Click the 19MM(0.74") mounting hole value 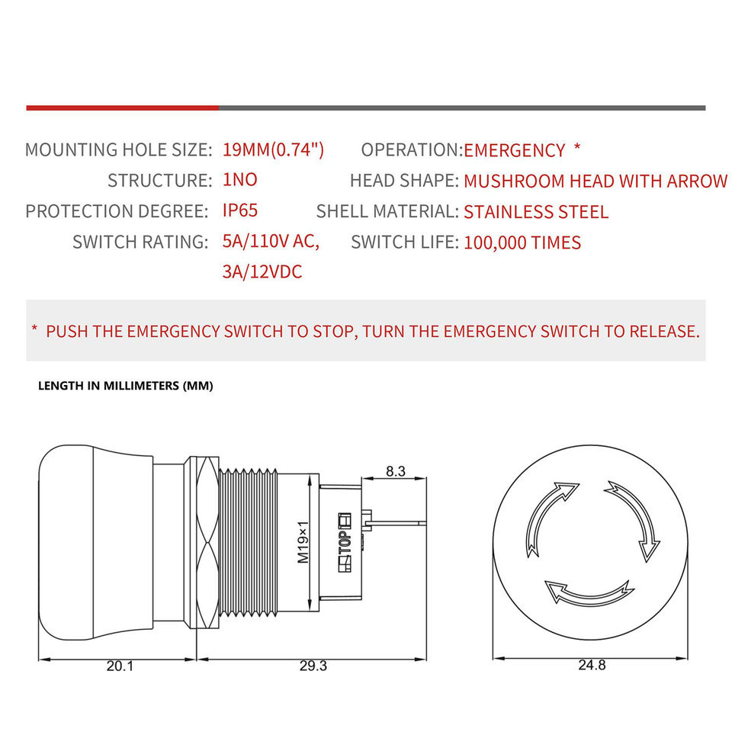273,149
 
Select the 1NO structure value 240,181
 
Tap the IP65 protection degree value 240,211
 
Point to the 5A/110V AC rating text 271,242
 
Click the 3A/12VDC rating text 262,272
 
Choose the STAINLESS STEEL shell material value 536,212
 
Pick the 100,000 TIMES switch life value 522,243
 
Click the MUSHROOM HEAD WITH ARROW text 596,181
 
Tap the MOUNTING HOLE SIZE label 118,149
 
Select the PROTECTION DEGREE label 117,211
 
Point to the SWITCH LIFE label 405,242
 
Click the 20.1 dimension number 120,666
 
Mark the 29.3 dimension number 313,666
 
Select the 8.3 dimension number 395,471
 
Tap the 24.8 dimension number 592,665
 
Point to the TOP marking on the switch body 343,543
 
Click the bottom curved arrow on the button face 589,592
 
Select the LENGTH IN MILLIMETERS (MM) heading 126,386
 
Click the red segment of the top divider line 122,108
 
